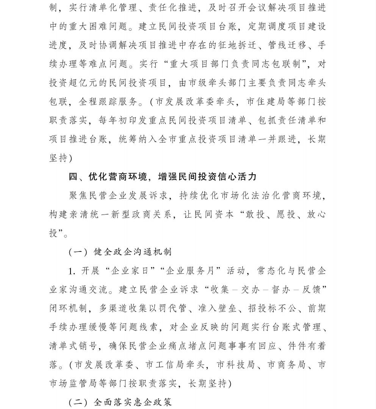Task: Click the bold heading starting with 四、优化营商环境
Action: point(163,177)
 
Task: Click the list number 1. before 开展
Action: point(73,271)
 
